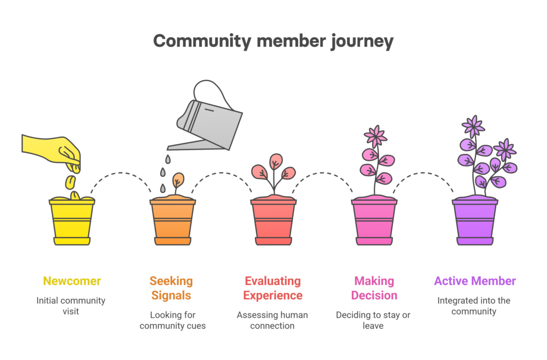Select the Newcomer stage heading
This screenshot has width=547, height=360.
(72, 281)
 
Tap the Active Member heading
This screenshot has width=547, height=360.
(475, 281)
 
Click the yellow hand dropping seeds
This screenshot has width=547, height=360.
(52, 150)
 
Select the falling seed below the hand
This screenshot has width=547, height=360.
(71, 182)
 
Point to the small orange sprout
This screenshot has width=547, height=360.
(178, 182)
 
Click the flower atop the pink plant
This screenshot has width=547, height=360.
(376, 136)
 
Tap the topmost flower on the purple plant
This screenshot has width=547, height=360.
(473, 126)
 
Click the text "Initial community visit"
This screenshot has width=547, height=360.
(71, 306)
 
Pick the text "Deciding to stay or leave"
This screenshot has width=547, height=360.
(373, 320)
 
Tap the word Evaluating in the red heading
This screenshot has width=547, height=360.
(273, 281)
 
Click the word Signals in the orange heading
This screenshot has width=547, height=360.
(171, 295)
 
